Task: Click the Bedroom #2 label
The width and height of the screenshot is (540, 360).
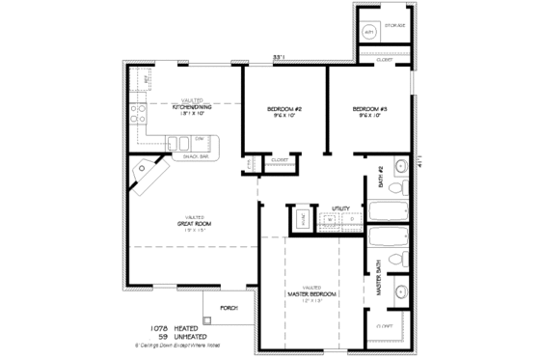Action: click(x=284, y=109)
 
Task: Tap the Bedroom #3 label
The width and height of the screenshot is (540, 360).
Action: click(x=370, y=108)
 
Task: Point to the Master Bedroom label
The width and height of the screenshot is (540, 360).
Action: click(x=310, y=291)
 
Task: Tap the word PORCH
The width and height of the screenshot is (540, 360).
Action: click(x=229, y=309)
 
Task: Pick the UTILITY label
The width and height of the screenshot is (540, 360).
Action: click(x=340, y=208)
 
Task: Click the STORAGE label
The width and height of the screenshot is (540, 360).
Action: click(x=394, y=25)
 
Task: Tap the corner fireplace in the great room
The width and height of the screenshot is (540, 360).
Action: click(x=148, y=172)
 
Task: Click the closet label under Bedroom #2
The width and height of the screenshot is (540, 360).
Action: click(x=280, y=159)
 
